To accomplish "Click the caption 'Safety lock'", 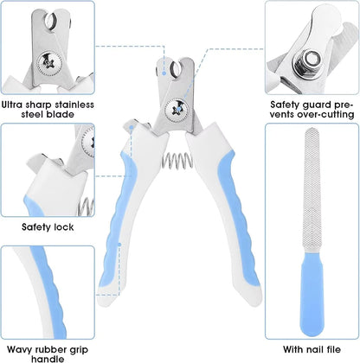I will [47, 227].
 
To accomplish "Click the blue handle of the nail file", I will [311, 299].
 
